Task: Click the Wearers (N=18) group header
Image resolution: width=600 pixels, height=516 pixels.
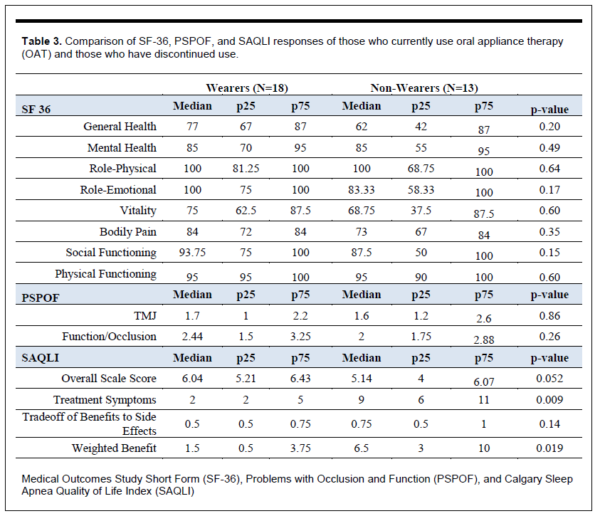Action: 247,88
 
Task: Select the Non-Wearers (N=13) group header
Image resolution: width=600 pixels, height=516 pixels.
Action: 424,88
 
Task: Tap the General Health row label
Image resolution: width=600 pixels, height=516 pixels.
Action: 120,126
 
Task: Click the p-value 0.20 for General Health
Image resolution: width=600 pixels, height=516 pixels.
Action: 549,126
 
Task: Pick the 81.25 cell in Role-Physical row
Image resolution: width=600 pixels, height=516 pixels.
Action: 246,168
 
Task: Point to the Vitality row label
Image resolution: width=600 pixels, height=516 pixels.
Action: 138,211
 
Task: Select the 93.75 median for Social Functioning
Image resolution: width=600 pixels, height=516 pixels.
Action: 192,253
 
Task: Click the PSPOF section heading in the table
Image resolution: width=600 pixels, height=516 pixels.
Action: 41,298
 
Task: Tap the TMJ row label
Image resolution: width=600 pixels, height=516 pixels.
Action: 145,315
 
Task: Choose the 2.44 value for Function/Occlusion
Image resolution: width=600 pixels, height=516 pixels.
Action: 192,337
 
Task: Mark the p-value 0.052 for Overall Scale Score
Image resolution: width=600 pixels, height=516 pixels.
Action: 549,379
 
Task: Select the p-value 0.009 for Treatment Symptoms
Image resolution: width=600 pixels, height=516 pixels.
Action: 549,400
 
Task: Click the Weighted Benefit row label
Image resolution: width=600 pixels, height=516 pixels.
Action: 114,448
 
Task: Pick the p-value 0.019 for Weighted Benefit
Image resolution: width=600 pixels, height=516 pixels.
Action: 549,448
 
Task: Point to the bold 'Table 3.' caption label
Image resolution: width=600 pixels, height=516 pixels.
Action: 42,41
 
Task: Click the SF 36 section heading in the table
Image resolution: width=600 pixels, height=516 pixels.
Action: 36,110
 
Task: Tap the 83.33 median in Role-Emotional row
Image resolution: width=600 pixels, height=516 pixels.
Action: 362,190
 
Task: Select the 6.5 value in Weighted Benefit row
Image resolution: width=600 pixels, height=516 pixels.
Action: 362,448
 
